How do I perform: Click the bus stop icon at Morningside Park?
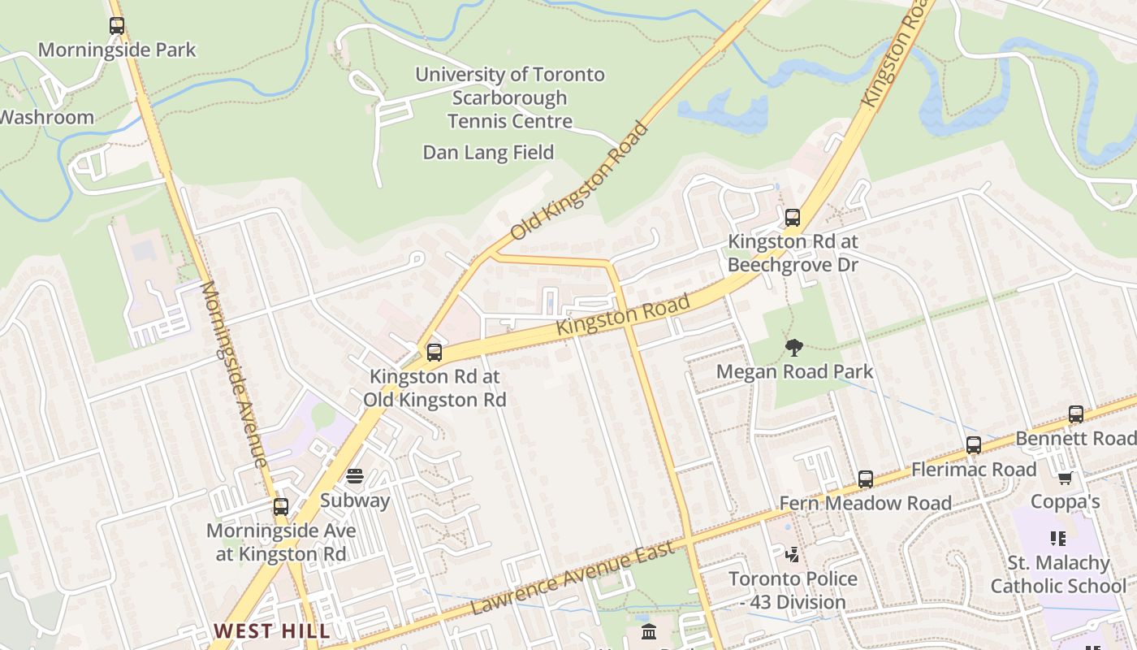[x=117, y=26]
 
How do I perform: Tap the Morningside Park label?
[x=117, y=50]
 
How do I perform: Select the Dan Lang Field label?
[x=488, y=153]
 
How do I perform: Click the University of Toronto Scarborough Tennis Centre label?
[x=510, y=97]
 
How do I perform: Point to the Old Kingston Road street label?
[x=579, y=182]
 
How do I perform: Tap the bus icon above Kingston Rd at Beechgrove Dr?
[x=793, y=218]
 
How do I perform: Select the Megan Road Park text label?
[x=794, y=372]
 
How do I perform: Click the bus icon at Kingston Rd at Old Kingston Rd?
[x=434, y=353]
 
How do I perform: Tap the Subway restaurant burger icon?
[x=355, y=476]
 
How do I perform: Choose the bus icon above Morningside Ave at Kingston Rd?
[x=281, y=507]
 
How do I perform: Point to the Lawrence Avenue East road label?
[x=573, y=579]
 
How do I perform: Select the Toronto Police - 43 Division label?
[x=793, y=591]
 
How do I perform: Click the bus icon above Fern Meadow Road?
[x=866, y=479]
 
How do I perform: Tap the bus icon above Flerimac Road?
[x=974, y=445]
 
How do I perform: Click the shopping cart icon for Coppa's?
[x=1065, y=478]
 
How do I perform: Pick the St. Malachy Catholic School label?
[x=1058, y=574]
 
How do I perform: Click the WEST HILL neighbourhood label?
[x=272, y=630]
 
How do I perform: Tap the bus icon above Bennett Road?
[x=1076, y=414]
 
